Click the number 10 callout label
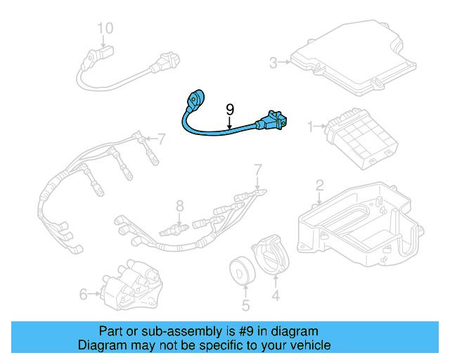(x=105, y=29)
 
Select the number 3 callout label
(x=274, y=63)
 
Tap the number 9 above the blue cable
(x=229, y=109)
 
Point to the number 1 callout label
(x=309, y=127)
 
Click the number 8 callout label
(x=179, y=206)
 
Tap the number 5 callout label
(x=245, y=305)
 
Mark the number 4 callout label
(x=276, y=297)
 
